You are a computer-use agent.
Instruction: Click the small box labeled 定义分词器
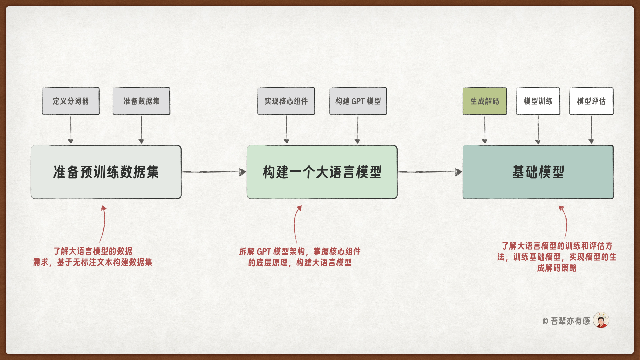pyautogui.click(x=71, y=101)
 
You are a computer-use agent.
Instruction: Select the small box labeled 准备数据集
pyautogui.click(x=141, y=101)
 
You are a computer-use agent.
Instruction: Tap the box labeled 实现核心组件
pyautogui.click(x=286, y=101)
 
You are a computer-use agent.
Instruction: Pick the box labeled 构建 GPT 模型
pyautogui.click(x=358, y=101)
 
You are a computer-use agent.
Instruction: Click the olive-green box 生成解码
pyautogui.click(x=485, y=101)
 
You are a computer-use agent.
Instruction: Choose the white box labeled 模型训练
pyautogui.click(x=538, y=101)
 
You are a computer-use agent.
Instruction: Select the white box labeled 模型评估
pyautogui.click(x=591, y=101)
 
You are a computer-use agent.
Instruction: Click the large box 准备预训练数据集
pyautogui.click(x=106, y=172)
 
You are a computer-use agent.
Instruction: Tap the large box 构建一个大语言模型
pyautogui.click(x=322, y=172)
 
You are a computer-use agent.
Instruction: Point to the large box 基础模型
pyautogui.click(x=538, y=172)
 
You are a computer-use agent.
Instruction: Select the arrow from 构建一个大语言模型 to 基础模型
pyautogui.click(x=430, y=172)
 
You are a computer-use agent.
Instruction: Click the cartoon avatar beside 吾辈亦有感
pyautogui.click(x=601, y=320)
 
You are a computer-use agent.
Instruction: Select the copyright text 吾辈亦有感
pyautogui.click(x=570, y=321)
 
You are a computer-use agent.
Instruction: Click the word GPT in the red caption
pyautogui.click(x=264, y=252)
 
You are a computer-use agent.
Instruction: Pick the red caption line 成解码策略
pyautogui.click(x=557, y=268)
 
